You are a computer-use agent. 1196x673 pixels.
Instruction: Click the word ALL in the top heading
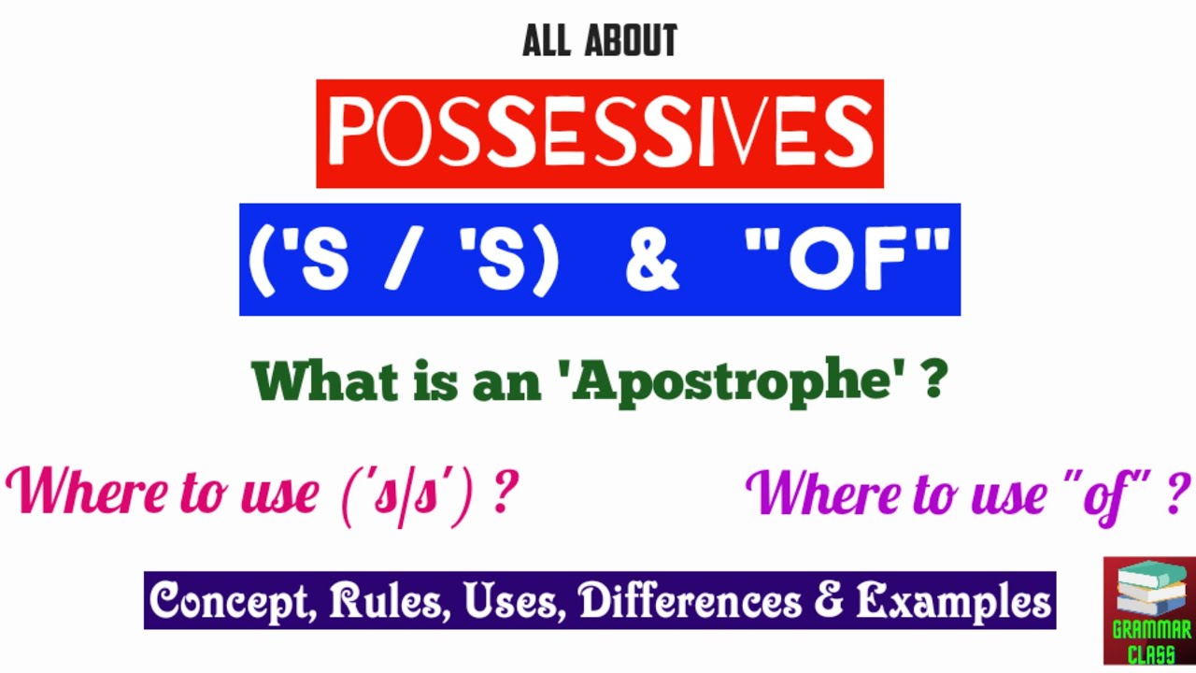[x=547, y=42]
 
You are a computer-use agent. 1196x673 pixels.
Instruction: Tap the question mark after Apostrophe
[x=933, y=381]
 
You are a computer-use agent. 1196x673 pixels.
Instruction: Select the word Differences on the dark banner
[x=690, y=601]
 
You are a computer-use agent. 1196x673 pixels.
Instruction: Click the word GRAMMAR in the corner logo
[x=1150, y=631]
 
